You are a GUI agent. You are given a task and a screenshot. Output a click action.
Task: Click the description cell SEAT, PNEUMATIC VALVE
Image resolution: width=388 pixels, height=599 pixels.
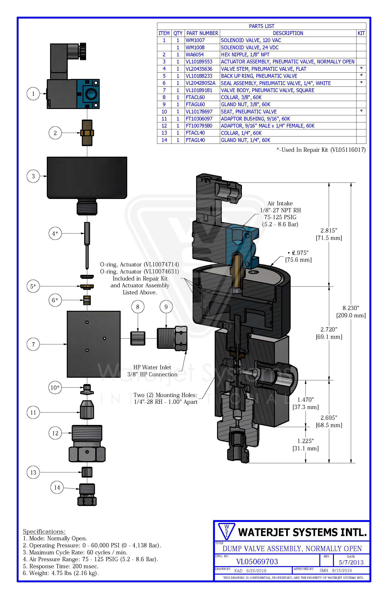(x=249, y=112)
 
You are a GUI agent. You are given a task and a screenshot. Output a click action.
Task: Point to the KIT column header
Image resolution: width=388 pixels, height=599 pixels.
(x=361, y=33)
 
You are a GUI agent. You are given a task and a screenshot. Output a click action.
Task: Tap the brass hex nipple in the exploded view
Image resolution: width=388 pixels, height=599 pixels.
(x=87, y=133)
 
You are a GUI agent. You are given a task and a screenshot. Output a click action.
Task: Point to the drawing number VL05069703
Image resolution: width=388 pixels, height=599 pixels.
(x=257, y=561)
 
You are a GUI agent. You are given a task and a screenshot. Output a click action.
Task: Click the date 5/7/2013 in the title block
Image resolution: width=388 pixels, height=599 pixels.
(x=351, y=562)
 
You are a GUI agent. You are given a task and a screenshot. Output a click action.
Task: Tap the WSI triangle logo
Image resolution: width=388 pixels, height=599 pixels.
(x=226, y=531)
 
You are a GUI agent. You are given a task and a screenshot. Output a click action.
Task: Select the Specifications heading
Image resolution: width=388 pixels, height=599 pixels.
(x=44, y=532)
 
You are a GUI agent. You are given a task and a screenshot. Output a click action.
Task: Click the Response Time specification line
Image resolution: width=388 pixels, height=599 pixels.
(x=60, y=566)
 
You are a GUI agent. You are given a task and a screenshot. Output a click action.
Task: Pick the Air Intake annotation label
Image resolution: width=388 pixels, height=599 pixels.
(x=280, y=203)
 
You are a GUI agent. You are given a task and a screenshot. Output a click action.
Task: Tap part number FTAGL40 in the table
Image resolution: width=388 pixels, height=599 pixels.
(x=195, y=140)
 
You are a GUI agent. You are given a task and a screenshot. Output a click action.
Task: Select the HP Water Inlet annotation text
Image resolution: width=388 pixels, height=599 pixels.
(x=152, y=367)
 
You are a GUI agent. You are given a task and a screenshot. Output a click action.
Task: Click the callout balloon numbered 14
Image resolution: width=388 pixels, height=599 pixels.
(x=57, y=487)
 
